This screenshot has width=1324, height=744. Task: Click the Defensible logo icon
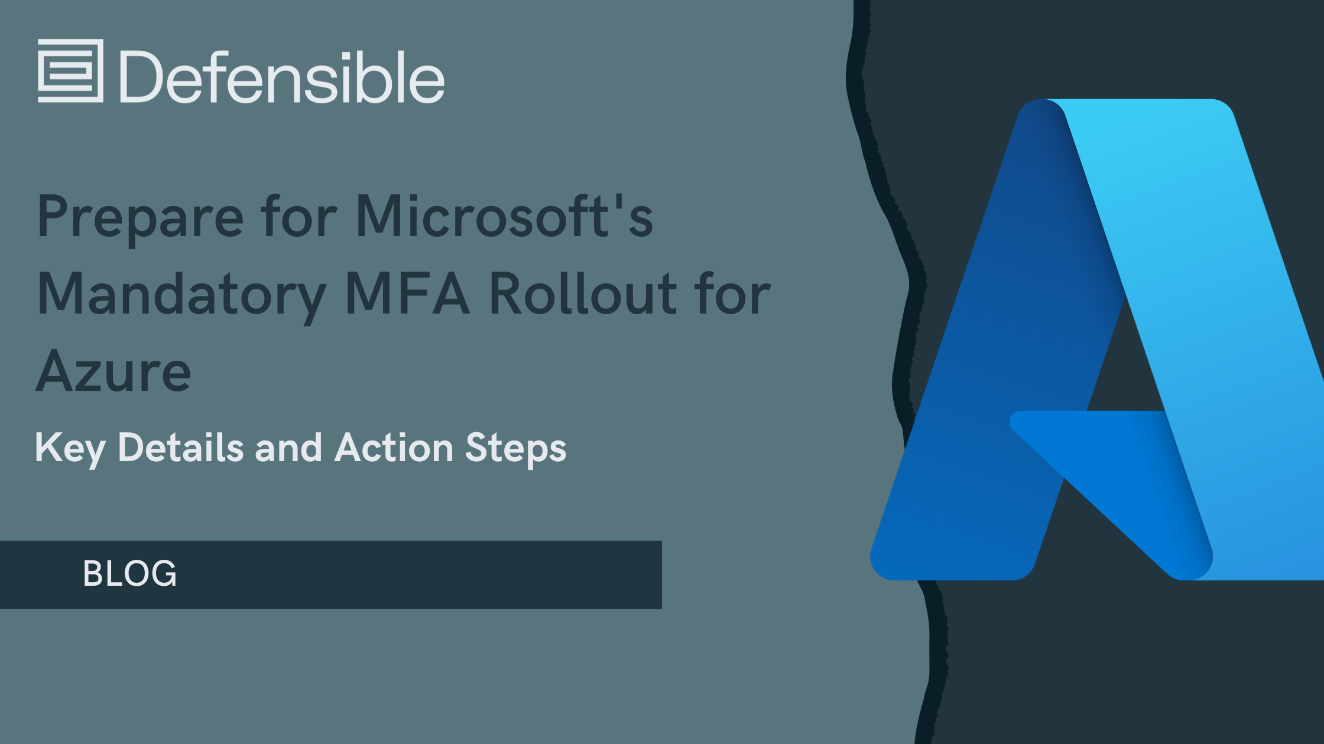[71, 71]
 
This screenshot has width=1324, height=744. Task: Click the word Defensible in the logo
[283, 76]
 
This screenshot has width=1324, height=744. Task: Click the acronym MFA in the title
[407, 293]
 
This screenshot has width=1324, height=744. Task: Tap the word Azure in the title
[113, 371]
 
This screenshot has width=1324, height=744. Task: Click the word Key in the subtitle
[70, 449]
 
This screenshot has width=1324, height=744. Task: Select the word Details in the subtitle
[181, 447]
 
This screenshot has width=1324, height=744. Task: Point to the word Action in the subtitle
[394, 447]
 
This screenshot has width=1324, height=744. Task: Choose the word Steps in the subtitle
[515, 449]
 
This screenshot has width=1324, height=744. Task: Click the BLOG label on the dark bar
[130, 573]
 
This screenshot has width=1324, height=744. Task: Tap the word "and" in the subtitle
[288, 447]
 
